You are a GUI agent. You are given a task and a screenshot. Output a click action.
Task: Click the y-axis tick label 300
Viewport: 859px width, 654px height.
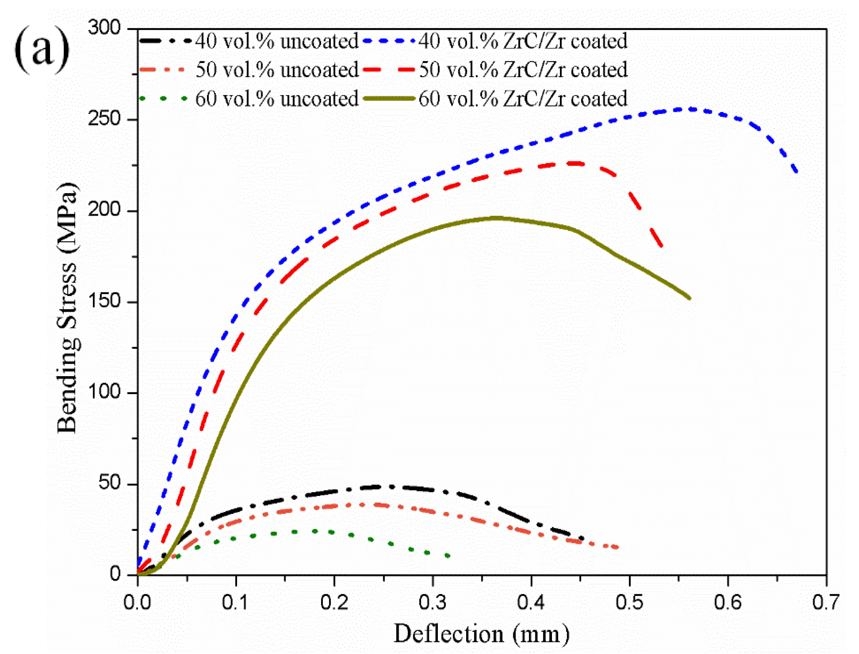click(104, 28)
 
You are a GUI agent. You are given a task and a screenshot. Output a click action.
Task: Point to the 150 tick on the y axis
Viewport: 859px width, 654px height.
click(104, 301)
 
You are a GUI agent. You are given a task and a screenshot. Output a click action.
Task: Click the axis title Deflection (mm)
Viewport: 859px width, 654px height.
click(481, 634)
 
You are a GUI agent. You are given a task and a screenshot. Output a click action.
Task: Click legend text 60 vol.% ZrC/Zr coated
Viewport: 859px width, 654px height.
click(523, 99)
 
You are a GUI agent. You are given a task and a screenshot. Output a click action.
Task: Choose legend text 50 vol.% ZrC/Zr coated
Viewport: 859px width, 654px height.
click(523, 70)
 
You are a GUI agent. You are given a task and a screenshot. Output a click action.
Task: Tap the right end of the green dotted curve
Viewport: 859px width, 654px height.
click(448, 556)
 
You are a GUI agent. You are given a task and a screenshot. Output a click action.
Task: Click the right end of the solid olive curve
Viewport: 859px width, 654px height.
click(689, 298)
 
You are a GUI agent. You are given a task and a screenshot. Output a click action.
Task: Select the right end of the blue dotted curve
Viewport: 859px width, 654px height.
click(796, 171)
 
